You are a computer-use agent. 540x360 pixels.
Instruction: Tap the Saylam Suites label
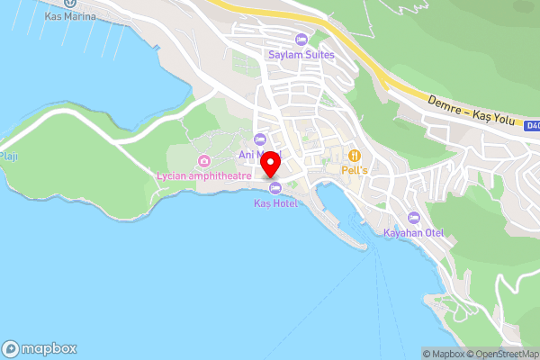[301, 54]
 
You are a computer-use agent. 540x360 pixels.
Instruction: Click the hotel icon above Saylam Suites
[301, 40]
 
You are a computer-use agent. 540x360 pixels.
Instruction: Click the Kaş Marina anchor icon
[69, 3]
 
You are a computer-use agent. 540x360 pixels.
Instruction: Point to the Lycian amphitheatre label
[203, 176]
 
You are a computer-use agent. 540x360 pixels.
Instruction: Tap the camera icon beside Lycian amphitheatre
[204, 161]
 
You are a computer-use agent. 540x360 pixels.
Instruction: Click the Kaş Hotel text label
[274, 203]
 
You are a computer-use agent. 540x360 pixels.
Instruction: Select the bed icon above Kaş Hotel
[274, 187]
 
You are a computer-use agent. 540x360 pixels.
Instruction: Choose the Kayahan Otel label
[414, 233]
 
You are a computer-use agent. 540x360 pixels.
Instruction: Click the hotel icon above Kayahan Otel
[414, 218]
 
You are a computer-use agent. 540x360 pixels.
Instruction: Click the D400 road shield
[532, 127]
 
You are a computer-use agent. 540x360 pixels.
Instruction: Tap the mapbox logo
[40, 348]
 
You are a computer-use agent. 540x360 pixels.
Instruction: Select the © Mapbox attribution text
[444, 354]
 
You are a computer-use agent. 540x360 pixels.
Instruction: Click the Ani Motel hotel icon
[260, 139]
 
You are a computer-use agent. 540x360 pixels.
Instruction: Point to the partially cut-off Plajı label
[8, 155]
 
